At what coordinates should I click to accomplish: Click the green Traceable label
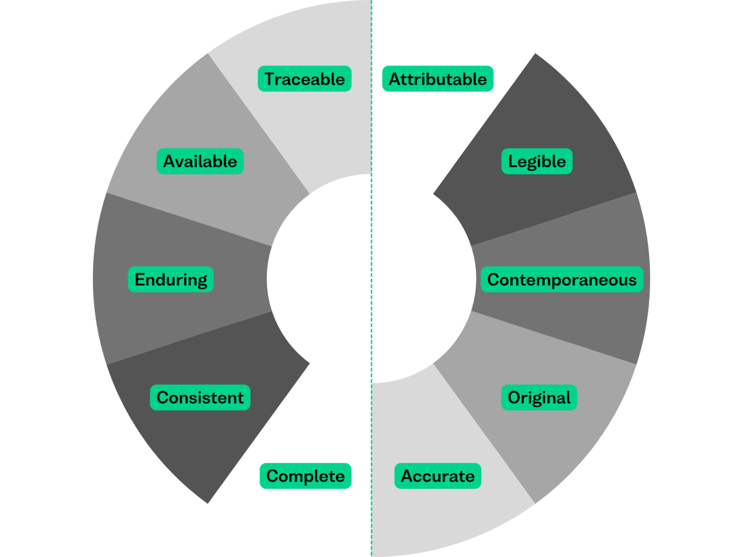pos(304,79)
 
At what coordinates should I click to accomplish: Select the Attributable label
pos(437,79)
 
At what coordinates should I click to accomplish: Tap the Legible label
pos(536,161)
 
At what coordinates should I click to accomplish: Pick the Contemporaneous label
pos(562,279)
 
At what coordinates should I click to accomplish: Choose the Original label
pos(539,397)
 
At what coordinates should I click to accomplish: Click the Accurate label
pos(437,476)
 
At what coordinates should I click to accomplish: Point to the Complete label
pos(305,476)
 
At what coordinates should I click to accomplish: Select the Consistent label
pos(200,397)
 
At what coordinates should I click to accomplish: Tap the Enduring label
pos(170,279)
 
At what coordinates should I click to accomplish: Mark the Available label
pos(200,161)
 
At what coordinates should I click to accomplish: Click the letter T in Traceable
pos(270,79)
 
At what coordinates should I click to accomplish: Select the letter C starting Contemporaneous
pos(493,279)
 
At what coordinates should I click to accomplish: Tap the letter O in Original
pos(514,397)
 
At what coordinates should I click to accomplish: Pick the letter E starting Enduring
pos(140,279)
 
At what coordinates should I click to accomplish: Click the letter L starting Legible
pos(512,161)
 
